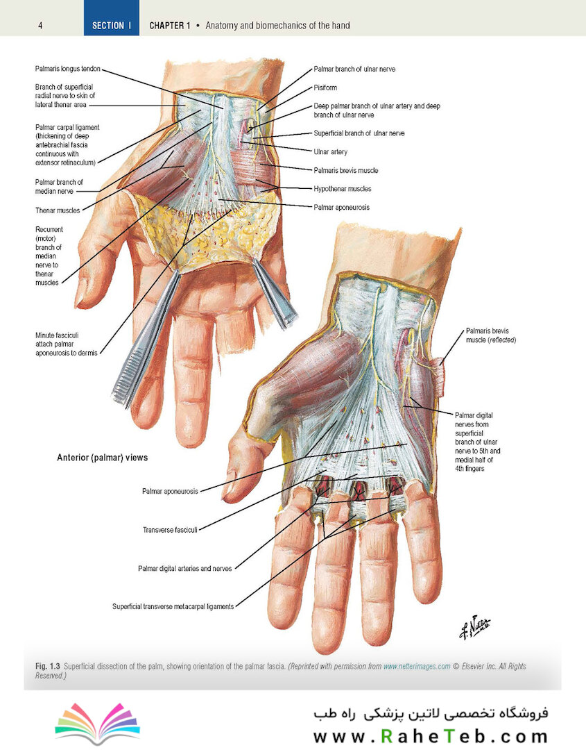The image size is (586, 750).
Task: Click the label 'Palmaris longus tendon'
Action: click(68, 69)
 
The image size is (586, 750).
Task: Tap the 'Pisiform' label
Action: click(325, 87)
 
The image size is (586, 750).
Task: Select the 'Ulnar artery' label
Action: click(331, 151)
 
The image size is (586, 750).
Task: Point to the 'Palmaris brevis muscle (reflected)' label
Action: click(491, 335)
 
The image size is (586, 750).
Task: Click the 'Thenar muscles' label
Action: click(58, 210)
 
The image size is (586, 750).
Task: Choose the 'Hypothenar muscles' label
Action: click(343, 189)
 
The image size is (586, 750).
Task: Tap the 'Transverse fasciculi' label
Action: click(170, 530)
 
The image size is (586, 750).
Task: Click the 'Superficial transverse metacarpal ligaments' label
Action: click(173, 606)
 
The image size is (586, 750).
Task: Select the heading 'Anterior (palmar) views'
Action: click(102, 458)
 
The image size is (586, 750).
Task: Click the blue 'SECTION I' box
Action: click(111, 17)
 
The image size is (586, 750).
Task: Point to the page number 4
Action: click(40, 26)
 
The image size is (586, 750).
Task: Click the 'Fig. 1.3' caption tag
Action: click(48, 666)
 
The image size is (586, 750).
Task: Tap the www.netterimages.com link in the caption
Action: click(417, 666)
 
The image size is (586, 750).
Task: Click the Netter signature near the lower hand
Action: click(475, 626)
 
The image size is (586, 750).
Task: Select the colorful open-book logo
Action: click(97, 722)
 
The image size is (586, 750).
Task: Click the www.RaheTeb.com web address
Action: click(430, 736)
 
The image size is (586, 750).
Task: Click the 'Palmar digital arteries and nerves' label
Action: click(185, 569)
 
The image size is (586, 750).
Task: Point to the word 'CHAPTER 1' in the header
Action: click(169, 26)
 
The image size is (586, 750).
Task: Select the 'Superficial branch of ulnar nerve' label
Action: click(359, 133)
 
